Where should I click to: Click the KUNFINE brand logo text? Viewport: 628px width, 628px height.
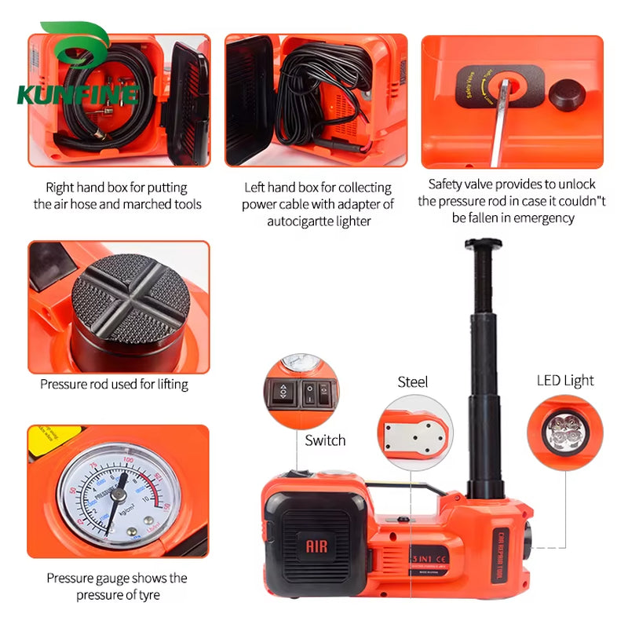[x=77, y=95]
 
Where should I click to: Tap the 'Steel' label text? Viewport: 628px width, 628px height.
[x=413, y=382]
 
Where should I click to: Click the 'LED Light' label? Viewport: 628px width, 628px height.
[x=565, y=381]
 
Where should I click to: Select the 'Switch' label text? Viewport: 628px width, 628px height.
[x=325, y=440]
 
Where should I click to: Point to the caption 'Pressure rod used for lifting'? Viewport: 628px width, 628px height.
[x=115, y=385]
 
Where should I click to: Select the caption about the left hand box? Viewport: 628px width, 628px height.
[x=317, y=204]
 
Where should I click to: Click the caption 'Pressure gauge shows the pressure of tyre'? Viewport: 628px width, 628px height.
[x=117, y=586]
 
